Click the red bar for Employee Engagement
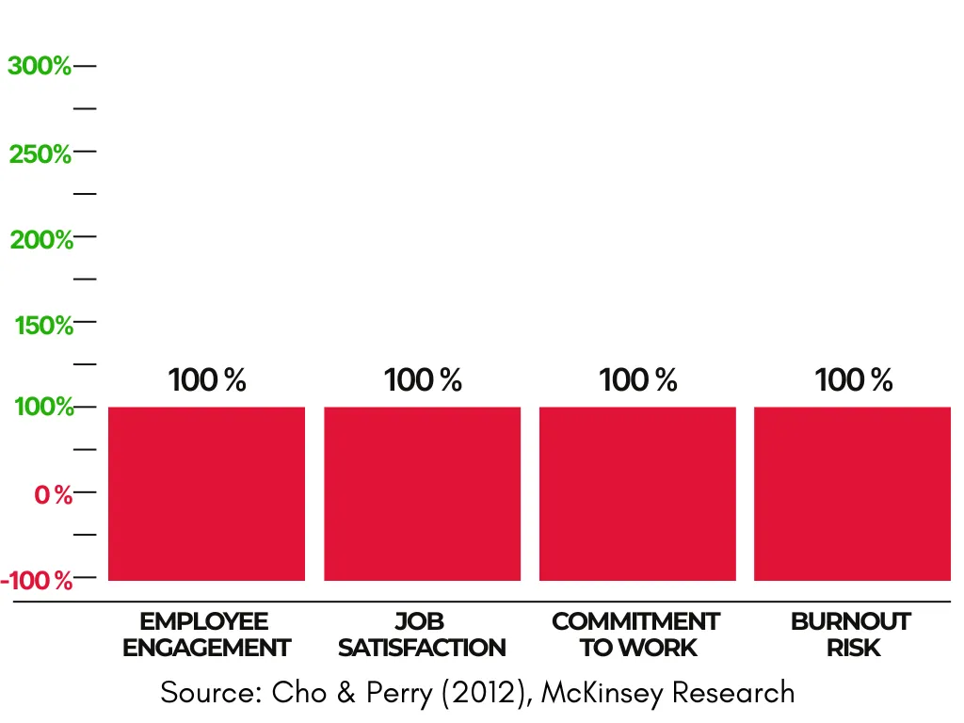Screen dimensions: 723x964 (x=206, y=493)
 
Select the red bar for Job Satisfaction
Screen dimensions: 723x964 (x=422, y=493)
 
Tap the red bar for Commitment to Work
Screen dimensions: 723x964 (x=637, y=493)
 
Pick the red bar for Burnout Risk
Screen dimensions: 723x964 (x=852, y=493)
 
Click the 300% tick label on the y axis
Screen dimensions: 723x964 (x=40, y=67)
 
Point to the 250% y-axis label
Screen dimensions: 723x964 (x=40, y=153)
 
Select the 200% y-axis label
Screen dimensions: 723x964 (x=41, y=240)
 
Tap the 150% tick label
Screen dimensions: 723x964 (x=43, y=326)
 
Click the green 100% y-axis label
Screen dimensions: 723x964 (x=43, y=408)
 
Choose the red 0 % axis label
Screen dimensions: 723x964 (x=54, y=494)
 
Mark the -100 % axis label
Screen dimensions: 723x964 (x=38, y=580)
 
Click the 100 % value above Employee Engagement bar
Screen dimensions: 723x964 (x=207, y=380)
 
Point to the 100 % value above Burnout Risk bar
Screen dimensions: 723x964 (x=854, y=380)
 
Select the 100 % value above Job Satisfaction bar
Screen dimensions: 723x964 (x=423, y=380)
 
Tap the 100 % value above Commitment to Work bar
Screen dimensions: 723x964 (x=638, y=380)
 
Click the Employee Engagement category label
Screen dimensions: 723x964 (x=206, y=635)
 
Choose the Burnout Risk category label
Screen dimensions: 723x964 (x=851, y=635)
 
